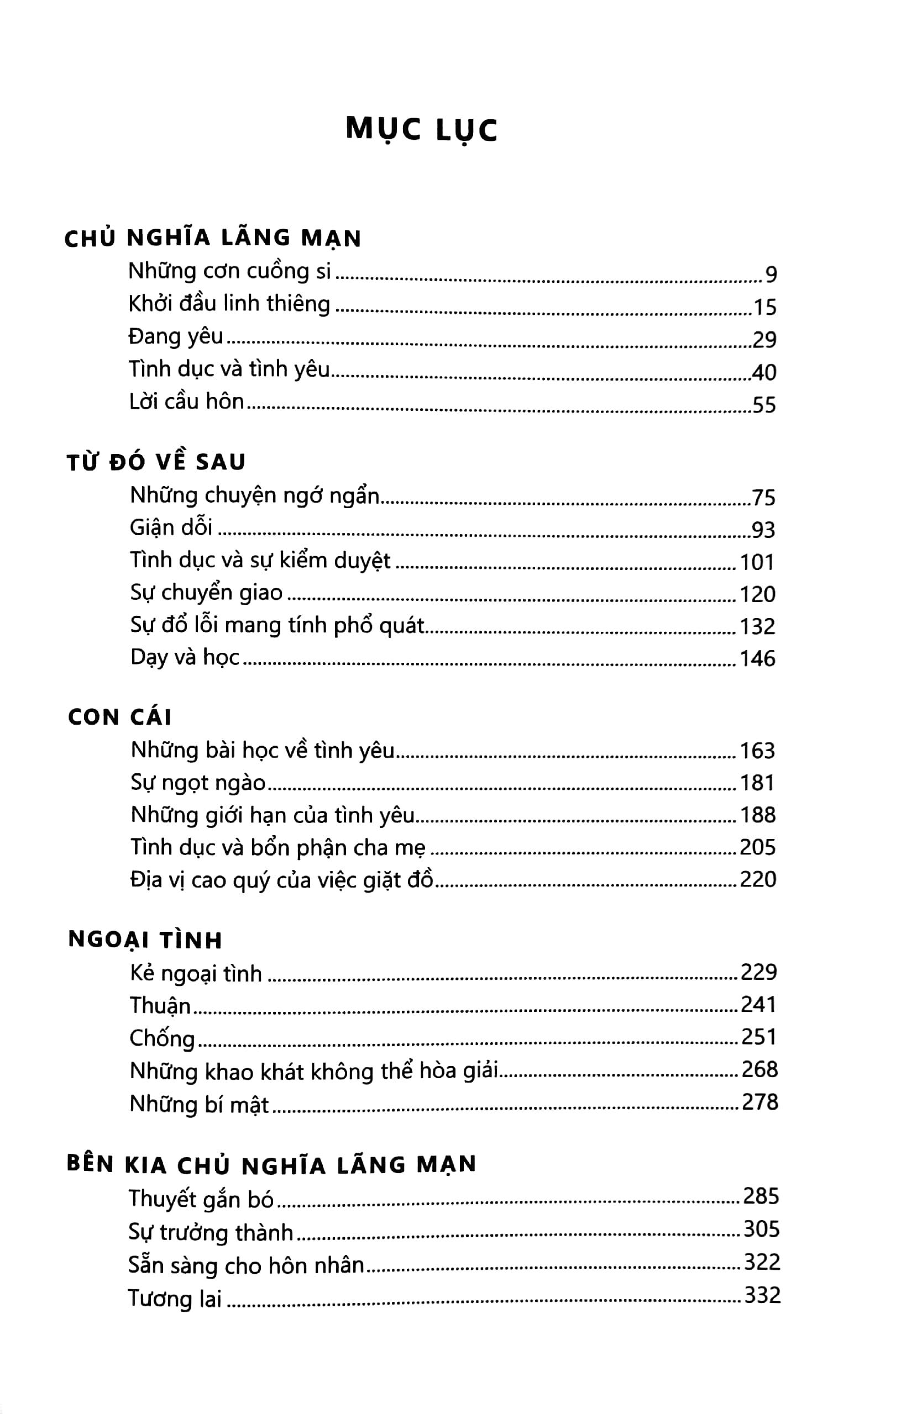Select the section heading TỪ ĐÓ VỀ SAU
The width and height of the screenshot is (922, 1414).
pos(156,462)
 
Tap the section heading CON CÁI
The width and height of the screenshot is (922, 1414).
pos(119,717)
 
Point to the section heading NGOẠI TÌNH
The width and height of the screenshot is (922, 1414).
pos(145,941)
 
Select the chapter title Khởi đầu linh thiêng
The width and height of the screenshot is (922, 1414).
pos(229,305)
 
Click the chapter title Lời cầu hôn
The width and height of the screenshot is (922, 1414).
pos(187,402)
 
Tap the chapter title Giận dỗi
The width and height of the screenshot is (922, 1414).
pos(171,527)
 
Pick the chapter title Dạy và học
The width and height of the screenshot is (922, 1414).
pos(185,657)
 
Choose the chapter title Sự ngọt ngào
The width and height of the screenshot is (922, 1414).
pos(198,783)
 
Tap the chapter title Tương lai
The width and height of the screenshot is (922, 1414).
pos(175,1299)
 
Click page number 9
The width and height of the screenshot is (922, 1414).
pos(771,275)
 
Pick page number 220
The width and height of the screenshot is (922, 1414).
pos(758,879)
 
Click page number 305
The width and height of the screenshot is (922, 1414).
pos(761,1229)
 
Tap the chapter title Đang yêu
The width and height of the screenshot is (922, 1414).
pos(176,337)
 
